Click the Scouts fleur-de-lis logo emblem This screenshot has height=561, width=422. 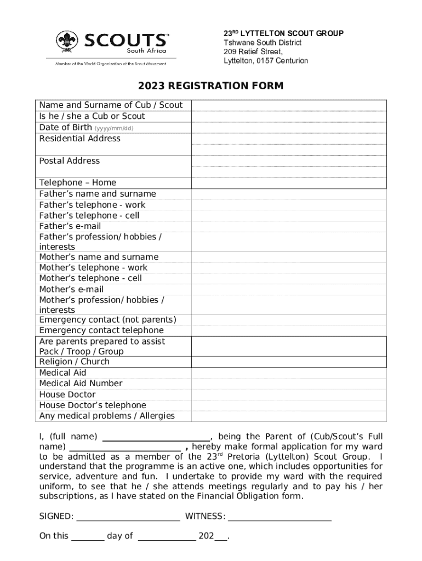(67, 42)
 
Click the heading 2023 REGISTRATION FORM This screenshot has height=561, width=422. (210, 86)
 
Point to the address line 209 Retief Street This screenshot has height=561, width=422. (253, 52)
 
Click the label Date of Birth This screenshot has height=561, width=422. (65, 128)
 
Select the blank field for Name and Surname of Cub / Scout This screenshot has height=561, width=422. (289, 105)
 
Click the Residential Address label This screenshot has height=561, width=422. (79, 139)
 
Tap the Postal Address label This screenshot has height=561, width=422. (70, 161)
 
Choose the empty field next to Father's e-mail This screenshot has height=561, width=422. (289, 226)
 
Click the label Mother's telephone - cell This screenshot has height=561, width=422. (90, 278)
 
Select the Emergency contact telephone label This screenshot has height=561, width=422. (101, 330)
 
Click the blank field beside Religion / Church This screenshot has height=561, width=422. (289, 362)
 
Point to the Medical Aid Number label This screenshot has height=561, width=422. (81, 383)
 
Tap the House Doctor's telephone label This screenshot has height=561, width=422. (93, 405)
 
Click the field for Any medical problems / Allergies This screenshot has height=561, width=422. (289, 416)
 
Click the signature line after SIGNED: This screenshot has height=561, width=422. (128, 516)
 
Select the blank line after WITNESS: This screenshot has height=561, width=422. (280, 516)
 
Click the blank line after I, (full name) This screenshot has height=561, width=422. (156, 437)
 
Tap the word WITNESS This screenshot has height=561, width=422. (204, 516)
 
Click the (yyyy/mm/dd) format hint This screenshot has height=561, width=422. (114, 128)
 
